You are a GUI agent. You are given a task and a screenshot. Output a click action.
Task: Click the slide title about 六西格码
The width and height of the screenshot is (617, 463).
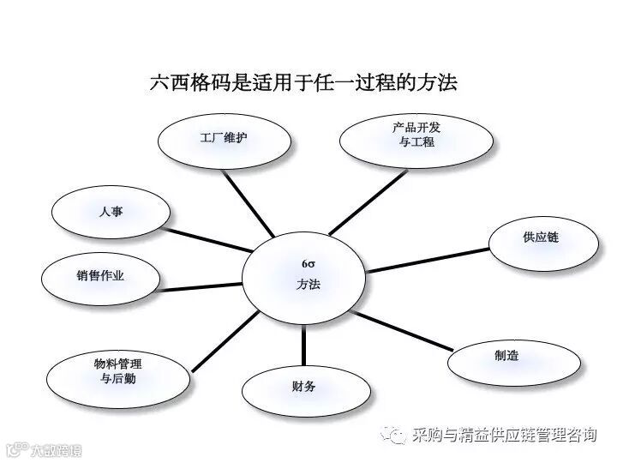tap(303, 83)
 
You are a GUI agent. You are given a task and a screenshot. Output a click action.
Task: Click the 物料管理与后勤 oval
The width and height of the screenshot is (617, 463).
tap(117, 371)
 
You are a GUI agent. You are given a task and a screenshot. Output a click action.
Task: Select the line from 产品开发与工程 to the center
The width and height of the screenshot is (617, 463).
tap(368, 201)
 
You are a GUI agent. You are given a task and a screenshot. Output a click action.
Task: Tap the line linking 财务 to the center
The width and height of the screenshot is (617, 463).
tap(303, 343)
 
